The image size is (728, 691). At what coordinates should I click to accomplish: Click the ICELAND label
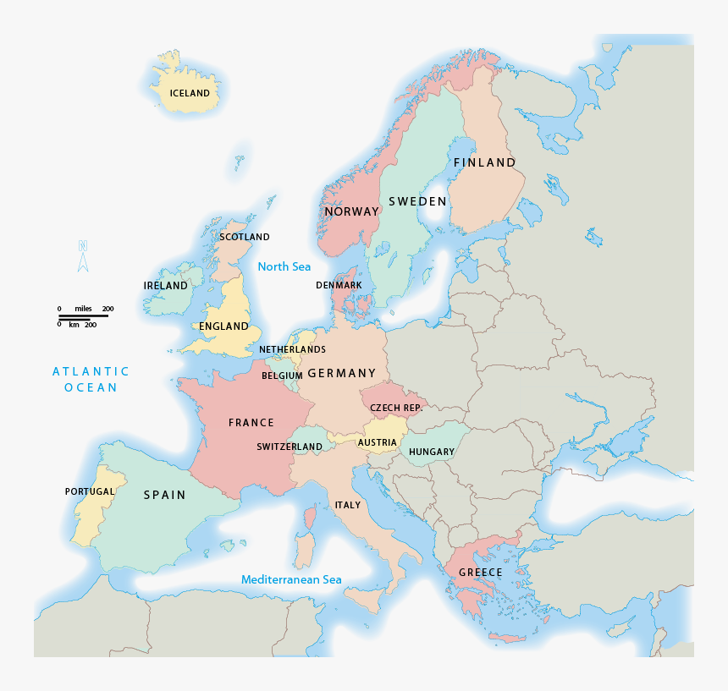[x=190, y=93]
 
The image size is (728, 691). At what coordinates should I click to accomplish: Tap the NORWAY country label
[x=351, y=211]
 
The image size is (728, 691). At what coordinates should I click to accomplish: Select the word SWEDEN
[x=417, y=201]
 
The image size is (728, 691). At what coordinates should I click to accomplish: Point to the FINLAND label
[x=484, y=162]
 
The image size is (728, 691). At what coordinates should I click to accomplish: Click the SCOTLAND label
[x=245, y=237]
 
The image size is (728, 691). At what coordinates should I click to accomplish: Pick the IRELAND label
[x=165, y=286]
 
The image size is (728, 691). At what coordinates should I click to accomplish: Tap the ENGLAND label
[x=223, y=326]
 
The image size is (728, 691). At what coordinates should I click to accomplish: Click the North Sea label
[x=284, y=266]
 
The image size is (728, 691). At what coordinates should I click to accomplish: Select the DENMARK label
[x=339, y=285]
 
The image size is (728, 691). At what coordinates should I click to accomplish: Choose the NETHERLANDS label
[x=292, y=349]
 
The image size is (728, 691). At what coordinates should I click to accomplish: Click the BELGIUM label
[x=282, y=376]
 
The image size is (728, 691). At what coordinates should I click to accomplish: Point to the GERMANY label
[x=342, y=373]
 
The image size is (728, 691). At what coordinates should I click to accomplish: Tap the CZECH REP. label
[x=396, y=408]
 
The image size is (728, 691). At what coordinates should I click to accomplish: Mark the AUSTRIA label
[x=377, y=442]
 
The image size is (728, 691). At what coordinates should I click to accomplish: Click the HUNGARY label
[x=432, y=452]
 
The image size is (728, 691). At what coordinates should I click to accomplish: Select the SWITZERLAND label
[x=290, y=447]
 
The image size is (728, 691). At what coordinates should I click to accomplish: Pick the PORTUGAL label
[x=90, y=491]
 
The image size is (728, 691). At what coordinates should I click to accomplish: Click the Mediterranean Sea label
[x=291, y=579]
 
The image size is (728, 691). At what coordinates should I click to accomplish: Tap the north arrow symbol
[x=83, y=256]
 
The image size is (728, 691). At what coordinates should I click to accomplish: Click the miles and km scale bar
[x=83, y=316]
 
